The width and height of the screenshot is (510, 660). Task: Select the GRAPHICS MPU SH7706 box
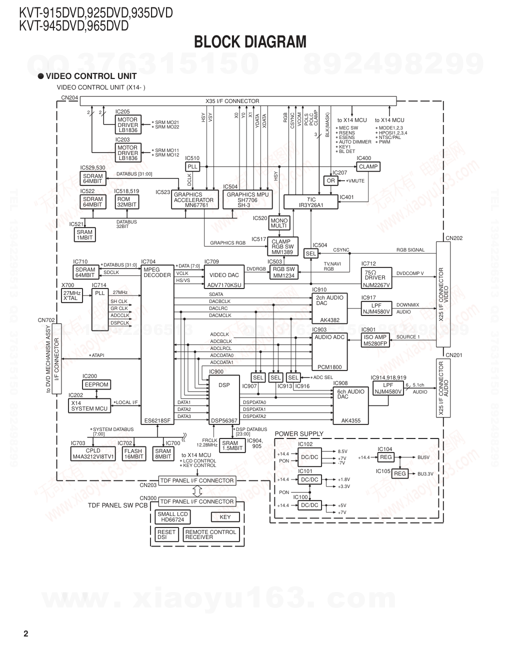pyautogui.click(x=247, y=200)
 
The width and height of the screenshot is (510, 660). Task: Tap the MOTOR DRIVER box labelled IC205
pyautogui.click(x=128, y=125)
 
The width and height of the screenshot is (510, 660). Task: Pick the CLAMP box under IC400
pyautogui.click(x=368, y=166)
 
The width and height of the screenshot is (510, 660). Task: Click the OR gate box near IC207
pyautogui.click(x=331, y=180)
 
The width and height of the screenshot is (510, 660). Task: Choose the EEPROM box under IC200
pyautogui.click(x=96, y=384)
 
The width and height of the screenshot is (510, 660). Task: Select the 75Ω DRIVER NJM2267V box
pyautogui.click(x=376, y=278)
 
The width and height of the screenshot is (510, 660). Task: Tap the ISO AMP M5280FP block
pyautogui.click(x=375, y=340)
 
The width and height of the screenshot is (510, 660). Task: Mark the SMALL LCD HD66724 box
pyautogui.click(x=172, y=517)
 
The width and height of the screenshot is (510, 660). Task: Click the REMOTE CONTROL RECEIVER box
pyautogui.click(x=210, y=534)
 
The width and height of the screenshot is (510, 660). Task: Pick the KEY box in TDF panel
pyautogui.click(x=225, y=517)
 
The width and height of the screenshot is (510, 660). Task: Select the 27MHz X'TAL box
pyautogui.click(x=72, y=295)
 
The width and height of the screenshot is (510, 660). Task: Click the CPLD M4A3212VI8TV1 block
pyautogui.click(x=93, y=453)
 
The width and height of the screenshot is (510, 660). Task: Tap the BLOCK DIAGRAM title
pyautogui.click(x=250, y=42)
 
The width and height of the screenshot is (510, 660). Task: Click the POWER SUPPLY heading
pyautogui.click(x=299, y=433)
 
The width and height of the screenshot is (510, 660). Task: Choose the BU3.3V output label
pyautogui.click(x=425, y=473)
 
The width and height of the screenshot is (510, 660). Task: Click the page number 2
pyautogui.click(x=26, y=634)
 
